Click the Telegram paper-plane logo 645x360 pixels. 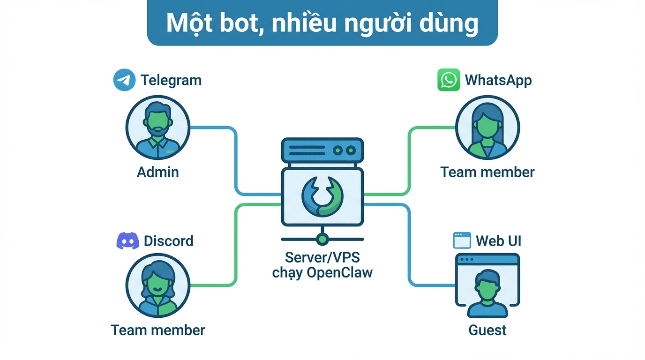coord(124,80)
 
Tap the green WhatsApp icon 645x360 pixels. coord(449,80)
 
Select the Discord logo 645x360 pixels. coord(127,241)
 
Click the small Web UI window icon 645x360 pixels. coord(462,240)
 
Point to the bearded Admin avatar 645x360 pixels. coord(157,127)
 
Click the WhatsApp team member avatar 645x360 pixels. coord(487,127)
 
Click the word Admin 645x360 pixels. coord(158,172)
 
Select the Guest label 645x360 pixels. coord(487,330)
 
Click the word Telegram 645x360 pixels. coord(171,80)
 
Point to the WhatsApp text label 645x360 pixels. coord(498,80)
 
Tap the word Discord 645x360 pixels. coord(168,241)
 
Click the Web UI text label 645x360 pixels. coord(499,241)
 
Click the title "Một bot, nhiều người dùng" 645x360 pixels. coord(322,23)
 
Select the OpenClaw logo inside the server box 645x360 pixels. coord(322,197)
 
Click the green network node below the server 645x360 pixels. coord(322,239)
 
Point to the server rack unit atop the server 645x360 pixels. coord(322,150)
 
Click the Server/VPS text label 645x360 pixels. coord(322,257)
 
